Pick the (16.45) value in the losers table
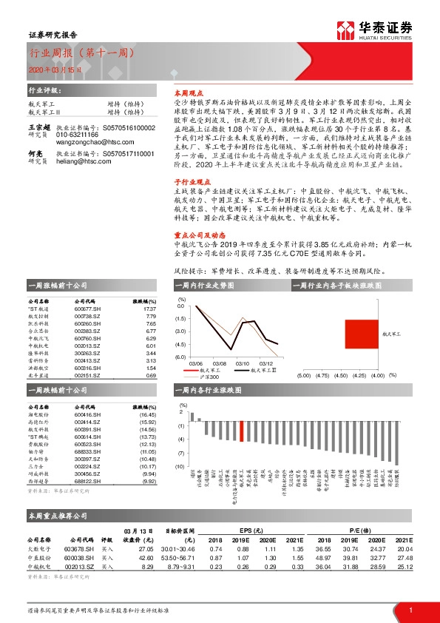(148, 416)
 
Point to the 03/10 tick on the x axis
(243, 363)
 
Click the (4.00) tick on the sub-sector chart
(377, 376)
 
